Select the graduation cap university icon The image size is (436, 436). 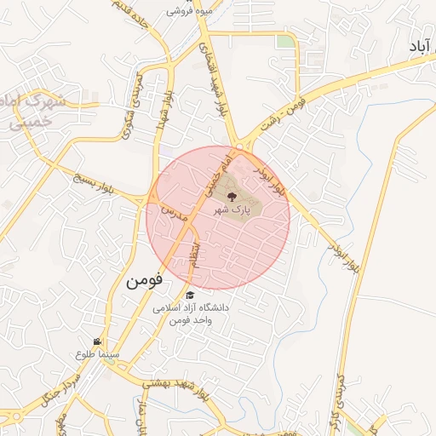(x=189, y=295)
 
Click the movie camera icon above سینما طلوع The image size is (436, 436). (x=107, y=341)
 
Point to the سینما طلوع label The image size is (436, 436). (x=100, y=353)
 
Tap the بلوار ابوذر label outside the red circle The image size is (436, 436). (x=343, y=255)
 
